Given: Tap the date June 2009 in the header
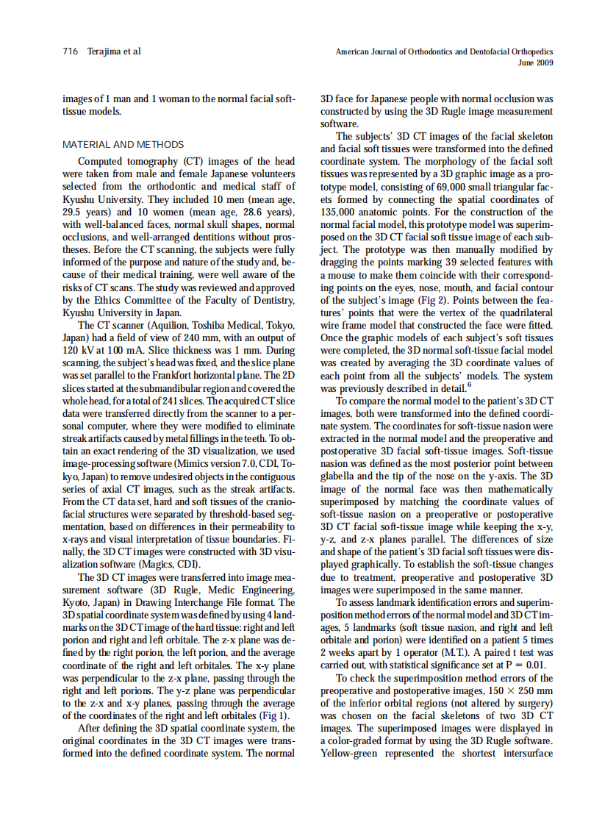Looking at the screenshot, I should [x=537, y=63].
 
